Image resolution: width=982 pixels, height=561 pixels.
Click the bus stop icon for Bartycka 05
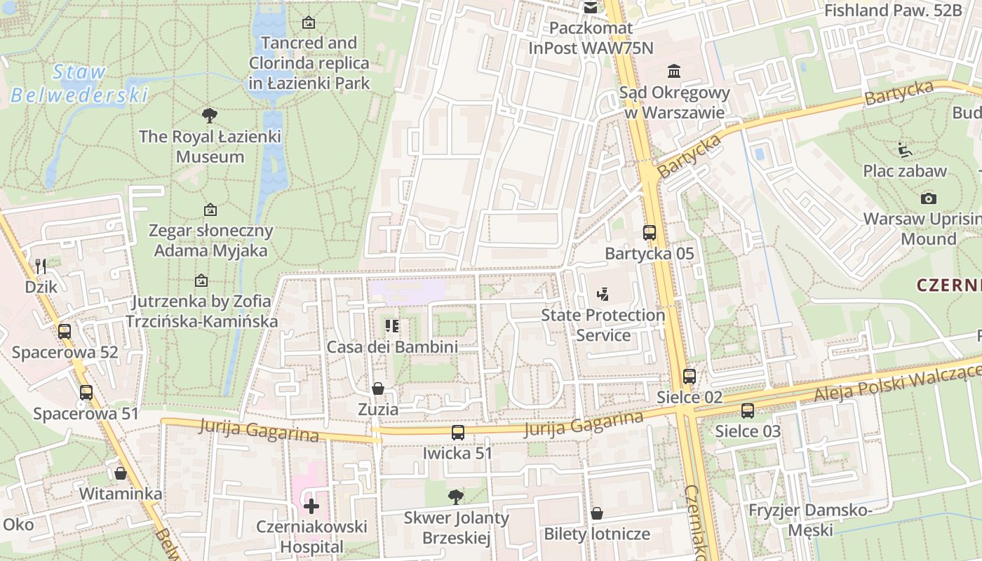coord(650,233)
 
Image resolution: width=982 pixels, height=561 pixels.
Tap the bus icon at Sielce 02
coord(690,377)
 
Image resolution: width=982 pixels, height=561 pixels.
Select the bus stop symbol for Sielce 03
coord(748,411)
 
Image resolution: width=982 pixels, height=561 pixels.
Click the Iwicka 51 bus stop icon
coord(458,433)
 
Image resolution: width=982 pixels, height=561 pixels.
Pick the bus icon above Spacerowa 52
coord(65,332)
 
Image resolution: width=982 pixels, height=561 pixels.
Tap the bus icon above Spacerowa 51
coord(86,393)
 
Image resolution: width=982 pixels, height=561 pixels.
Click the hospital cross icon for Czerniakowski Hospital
coord(311,506)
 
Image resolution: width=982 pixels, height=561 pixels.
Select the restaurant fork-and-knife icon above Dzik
coord(41,266)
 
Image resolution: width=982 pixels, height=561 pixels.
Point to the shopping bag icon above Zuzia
coord(378,388)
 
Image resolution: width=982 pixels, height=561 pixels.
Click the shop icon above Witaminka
coord(121,473)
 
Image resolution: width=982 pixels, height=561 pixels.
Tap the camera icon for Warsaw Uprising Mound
coord(929,198)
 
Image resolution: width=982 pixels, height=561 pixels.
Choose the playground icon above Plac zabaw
coord(905,150)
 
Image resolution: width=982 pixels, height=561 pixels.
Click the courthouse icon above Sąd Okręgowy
coord(674,72)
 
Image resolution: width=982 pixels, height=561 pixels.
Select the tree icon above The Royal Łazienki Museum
coord(209,116)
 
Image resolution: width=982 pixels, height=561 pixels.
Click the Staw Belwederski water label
coord(79,83)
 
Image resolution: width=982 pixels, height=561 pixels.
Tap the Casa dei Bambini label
coord(392,346)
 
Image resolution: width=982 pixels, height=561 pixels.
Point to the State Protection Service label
coord(603,325)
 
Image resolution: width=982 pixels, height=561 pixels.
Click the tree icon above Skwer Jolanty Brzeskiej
coord(456,497)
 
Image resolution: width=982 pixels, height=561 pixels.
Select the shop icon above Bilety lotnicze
coord(597,513)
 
